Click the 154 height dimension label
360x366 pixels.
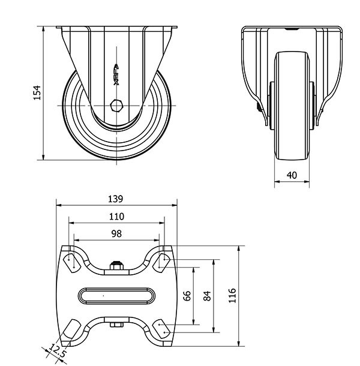pos(37,92)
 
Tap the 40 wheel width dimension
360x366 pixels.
pos(292,175)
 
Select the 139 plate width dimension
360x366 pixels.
pos(115,199)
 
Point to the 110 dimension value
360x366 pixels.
pos(116,217)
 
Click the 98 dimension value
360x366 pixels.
pos(116,233)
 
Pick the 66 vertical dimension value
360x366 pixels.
pos(187,296)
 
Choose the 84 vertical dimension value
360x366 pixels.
pos(207,296)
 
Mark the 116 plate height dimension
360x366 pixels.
pos(232,296)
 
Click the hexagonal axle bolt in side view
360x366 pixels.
pos(116,106)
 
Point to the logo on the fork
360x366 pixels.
pos(116,74)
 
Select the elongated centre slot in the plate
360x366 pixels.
pos(117,296)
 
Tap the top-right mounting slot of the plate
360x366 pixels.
pos(161,263)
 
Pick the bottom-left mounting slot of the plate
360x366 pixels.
pos(72,329)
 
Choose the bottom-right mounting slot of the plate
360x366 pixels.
pos(161,329)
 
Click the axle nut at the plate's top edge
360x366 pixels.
pos(116,265)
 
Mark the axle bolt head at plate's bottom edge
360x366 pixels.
pos(116,325)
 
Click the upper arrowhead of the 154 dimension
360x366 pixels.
pos(43,29)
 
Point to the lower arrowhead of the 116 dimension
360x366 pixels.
pos(239,343)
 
